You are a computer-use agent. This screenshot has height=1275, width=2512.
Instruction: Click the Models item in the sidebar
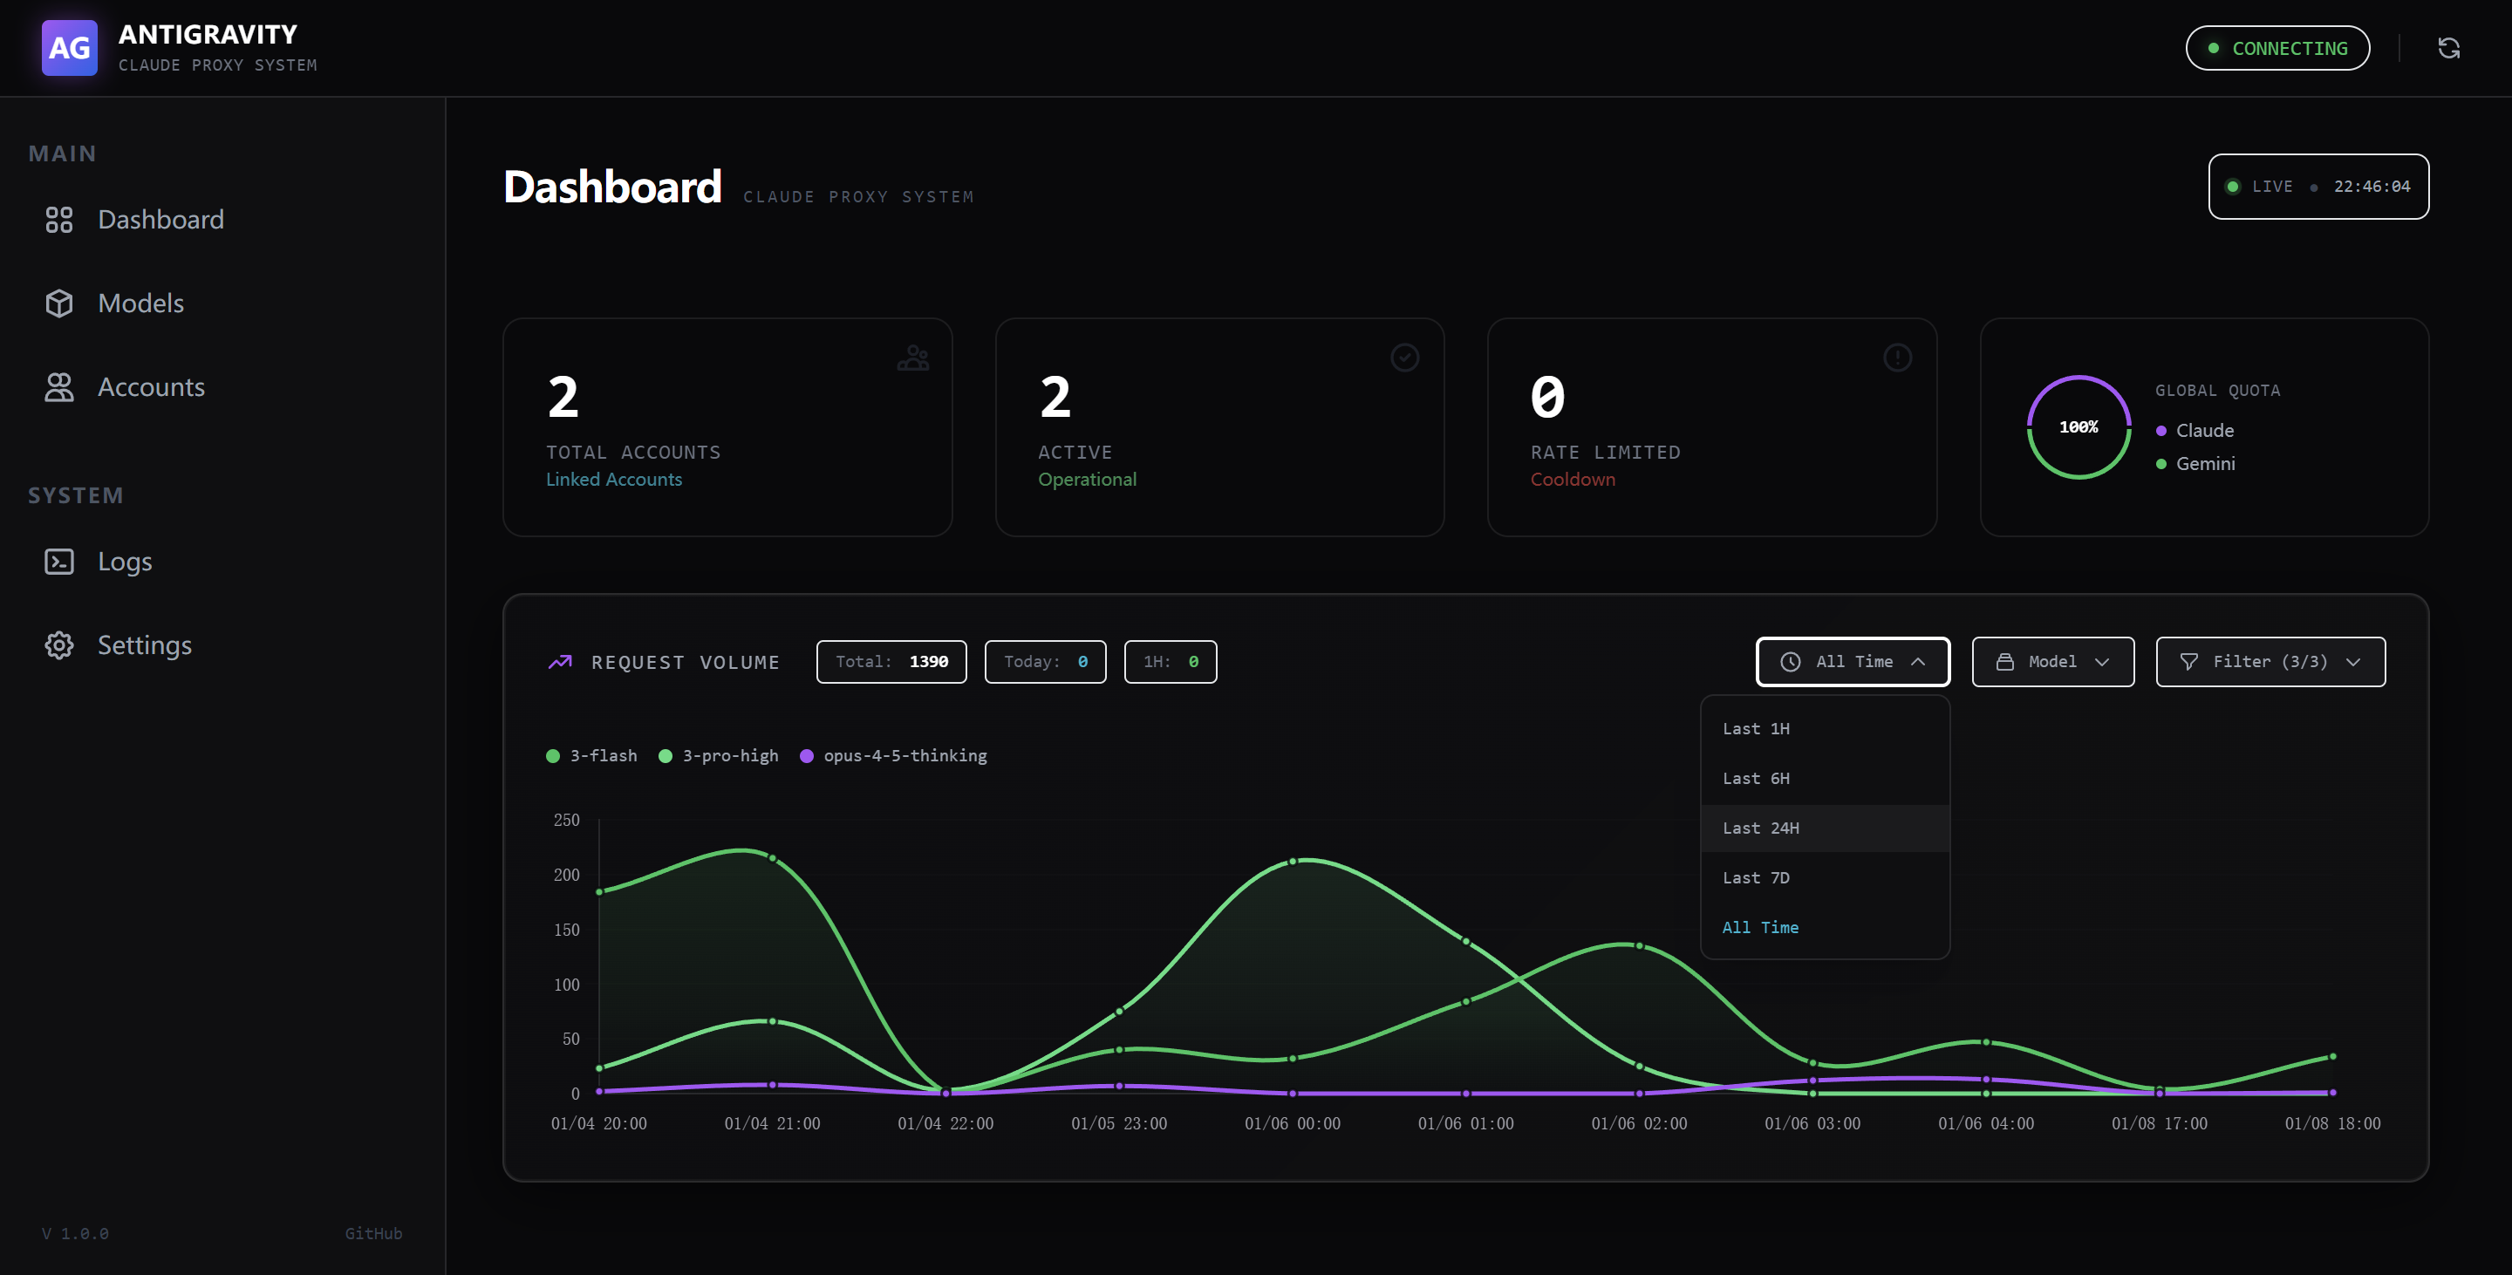[x=140, y=303]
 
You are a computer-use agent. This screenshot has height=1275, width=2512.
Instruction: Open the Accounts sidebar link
[x=150, y=387]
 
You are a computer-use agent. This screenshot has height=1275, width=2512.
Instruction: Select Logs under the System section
[x=124, y=562]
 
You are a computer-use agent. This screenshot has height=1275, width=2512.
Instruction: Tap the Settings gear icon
[x=59, y=645]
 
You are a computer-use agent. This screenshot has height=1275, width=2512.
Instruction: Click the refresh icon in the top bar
[x=2448, y=48]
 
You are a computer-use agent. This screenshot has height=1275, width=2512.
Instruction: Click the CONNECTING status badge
[x=2277, y=48]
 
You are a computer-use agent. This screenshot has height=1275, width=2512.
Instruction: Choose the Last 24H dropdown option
[x=1760, y=828]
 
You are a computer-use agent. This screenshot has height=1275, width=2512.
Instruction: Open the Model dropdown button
[x=2051, y=662]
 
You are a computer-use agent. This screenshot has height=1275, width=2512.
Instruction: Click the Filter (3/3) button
[x=2270, y=662]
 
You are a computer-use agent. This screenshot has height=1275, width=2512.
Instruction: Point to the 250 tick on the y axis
[x=567, y=820]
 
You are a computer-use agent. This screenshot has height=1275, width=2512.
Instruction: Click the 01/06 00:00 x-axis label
[x=1292, y=1123]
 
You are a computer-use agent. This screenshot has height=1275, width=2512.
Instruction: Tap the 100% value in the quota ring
[x=2078, y=427]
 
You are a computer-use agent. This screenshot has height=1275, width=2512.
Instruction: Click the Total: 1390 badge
[x=891, y=662]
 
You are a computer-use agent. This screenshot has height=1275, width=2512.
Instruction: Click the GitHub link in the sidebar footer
[x=372, y=1233]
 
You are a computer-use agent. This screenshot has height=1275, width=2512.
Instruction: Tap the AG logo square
[x=69, y=48]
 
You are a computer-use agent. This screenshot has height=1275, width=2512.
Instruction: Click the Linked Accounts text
[x=613, y=480]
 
